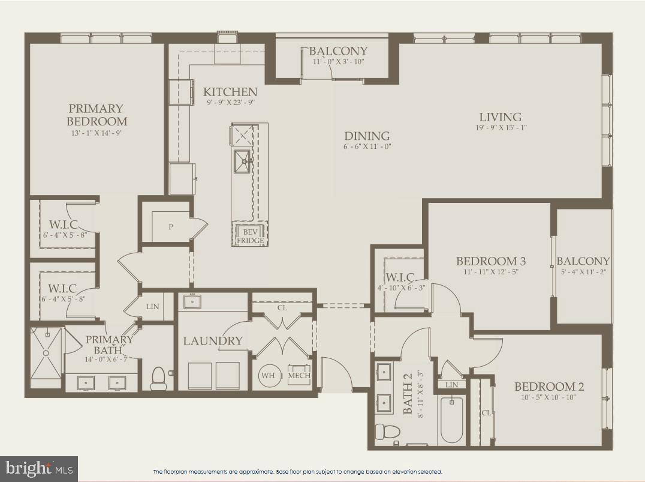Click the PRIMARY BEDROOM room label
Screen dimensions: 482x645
coord(96,115)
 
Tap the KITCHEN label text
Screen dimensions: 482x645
coord(230,92)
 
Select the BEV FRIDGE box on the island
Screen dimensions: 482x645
coord(250,235)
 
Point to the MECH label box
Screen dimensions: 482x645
coord(299,376)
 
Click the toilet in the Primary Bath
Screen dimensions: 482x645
coord(159,378)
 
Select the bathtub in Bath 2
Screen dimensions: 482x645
coord(451,420)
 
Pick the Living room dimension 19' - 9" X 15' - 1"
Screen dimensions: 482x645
coord(500,127)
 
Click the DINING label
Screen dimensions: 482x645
coord(367,136)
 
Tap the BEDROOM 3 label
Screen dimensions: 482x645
coord(491,261)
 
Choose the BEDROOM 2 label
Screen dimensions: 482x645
coord(549,387)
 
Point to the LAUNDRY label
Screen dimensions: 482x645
coord(213,341)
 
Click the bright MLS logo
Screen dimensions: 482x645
coord(38,468)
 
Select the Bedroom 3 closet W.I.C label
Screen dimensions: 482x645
coord(400,277)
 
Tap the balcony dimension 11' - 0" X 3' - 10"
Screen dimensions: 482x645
coord(338,62)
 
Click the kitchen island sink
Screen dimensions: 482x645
coord(242,161)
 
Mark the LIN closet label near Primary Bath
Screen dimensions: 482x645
coord(153,307)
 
